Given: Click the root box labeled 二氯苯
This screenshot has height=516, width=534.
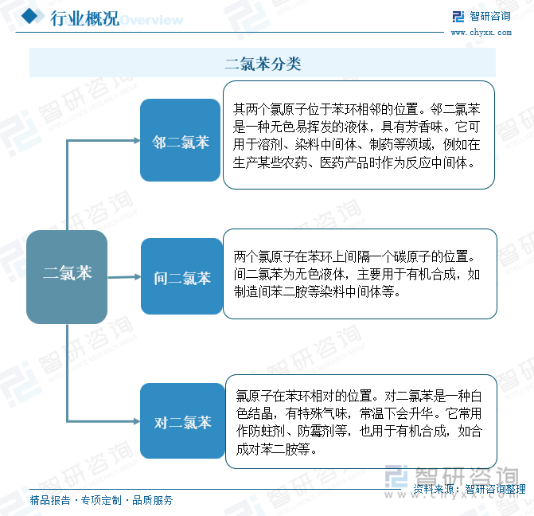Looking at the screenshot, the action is coord(67,277).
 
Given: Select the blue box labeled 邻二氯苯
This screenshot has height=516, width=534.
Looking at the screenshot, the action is coord(180,140).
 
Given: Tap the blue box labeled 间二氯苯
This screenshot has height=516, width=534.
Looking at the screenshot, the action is coord(181,276).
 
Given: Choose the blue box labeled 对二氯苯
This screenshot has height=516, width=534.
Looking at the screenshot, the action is coord(182,421).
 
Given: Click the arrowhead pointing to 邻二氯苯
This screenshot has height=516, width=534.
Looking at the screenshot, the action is coord(137,140).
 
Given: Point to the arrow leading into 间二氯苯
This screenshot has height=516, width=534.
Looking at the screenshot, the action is coord(124,277).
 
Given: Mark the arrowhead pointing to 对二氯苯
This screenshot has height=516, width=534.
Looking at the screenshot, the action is coord(137,421).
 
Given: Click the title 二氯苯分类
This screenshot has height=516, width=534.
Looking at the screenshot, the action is coord(263,64).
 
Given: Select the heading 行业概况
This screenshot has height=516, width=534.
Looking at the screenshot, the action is coord(85,18).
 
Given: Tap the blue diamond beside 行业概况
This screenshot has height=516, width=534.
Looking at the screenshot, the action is coord(29,16).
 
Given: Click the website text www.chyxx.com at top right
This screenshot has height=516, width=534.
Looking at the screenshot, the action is coord(481,33).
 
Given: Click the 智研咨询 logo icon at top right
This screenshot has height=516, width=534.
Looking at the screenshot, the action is coord(458,17).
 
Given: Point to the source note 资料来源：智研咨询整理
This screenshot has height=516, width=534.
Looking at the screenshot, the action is coord(470,489).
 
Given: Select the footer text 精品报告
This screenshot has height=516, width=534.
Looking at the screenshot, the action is coord(50,500).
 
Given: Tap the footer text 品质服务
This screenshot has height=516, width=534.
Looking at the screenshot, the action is coord(153,500).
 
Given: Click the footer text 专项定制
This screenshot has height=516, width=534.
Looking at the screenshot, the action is coord(101,500).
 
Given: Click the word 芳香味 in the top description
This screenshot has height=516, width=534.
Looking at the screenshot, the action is coord(425,127).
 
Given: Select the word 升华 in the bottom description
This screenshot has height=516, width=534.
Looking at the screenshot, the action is coord(421,414).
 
